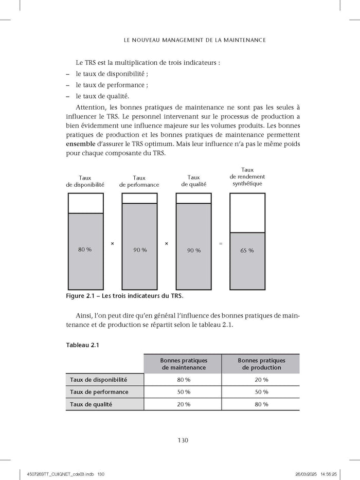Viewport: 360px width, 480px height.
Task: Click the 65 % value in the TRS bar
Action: (247, 251)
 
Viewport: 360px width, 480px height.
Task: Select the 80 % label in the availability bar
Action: (85, 250)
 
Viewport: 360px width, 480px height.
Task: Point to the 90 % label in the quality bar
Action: (194, 251)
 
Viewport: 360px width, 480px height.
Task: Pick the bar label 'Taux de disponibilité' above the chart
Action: (85, 181)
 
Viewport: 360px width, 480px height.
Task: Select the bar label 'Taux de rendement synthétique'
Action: (247, 176)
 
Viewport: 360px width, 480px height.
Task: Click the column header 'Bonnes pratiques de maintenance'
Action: (183, 364)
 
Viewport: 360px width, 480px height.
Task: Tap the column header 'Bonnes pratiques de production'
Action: (261, 364)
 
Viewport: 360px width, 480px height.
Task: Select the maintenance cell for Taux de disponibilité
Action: (183, 380)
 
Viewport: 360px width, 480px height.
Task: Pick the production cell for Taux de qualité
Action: (261, 404)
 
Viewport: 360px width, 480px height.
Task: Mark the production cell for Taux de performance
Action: (261, 392)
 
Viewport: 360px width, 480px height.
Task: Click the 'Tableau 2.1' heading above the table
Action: (82, 345)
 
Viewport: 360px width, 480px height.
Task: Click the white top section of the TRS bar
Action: (247, 212)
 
